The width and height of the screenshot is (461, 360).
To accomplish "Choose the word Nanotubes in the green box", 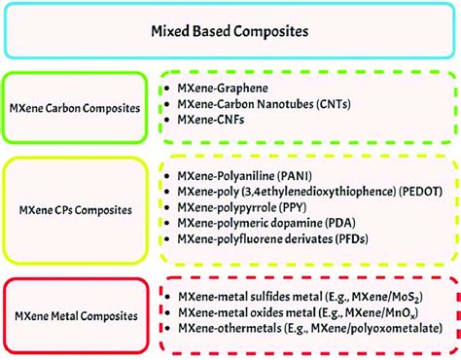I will point(289,104).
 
